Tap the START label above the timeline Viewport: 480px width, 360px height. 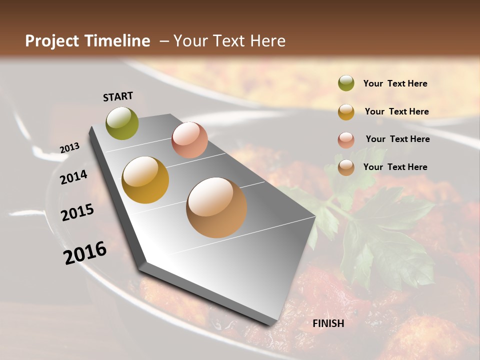[x=118, y=96]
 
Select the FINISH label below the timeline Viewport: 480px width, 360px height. [x=328, y=323]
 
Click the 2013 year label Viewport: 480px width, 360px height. [x=69, y=148]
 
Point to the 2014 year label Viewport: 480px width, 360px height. [x=74, y=177]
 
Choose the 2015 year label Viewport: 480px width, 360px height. [x=77, y=212]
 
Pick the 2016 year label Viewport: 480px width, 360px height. [x=85, y=253]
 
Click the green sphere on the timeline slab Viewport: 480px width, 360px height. [x=122, y=123]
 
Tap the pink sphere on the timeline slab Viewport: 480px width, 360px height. [x=189, y=140]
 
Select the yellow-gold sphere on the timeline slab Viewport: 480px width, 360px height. [x=145, y=179]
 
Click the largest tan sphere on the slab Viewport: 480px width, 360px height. [x=216, y=207]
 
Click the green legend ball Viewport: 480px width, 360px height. [x=346, y=83]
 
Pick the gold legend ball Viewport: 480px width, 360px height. [x=346, y=111]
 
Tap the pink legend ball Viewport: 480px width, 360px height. [x=346, y=139]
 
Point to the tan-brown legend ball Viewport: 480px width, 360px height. [x=346, y=167]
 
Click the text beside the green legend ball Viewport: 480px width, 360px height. [x=395, y=84]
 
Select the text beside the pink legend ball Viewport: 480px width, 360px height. [x=397, y=139]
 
